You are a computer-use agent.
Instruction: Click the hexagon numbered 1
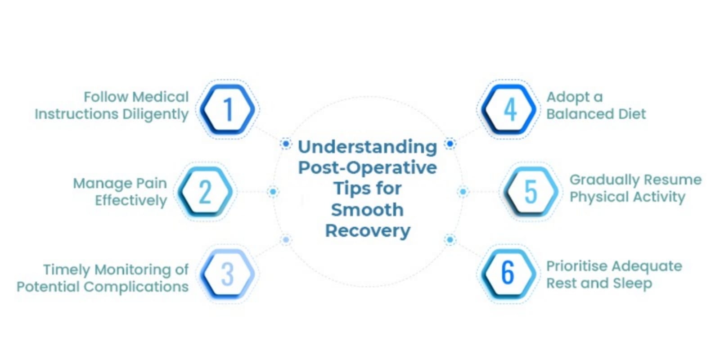228,109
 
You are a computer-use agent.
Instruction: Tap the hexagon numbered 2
205,192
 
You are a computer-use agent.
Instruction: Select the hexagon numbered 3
228,274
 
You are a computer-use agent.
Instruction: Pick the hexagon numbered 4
509,109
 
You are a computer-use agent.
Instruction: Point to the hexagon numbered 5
531,192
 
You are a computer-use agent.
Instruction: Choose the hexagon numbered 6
508,273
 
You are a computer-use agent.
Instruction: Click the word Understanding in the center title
367,147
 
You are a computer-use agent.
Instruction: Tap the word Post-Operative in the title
367,167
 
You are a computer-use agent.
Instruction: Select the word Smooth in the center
367,210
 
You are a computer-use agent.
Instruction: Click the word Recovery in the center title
368,230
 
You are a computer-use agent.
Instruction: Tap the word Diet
632,114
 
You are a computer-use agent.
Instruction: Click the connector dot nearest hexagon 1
285,144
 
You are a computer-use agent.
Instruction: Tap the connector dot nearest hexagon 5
463,192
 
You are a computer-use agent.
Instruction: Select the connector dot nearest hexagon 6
450,239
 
